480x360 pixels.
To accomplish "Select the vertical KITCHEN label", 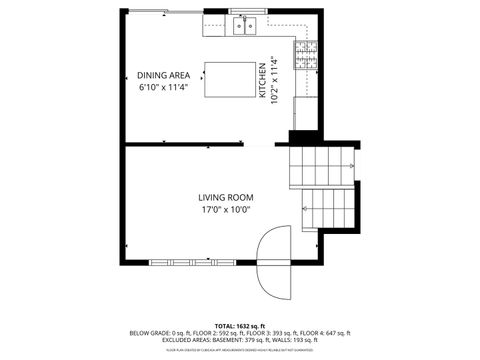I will coord(263,79).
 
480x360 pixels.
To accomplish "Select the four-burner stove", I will coord(306,55).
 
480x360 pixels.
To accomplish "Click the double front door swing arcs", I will coord(272,262).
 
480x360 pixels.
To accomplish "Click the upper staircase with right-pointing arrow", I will coord(322,166).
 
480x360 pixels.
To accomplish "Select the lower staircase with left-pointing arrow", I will coord(328,208).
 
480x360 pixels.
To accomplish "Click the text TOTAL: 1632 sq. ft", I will coord(240,326).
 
